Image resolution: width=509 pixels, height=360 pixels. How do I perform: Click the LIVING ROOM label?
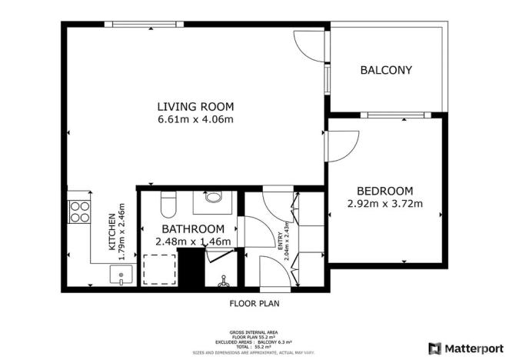tap(195, 106)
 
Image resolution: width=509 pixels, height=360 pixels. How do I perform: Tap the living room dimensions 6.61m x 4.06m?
tap(195, 119)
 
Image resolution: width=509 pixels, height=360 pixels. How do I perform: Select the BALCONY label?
tap(386, 70)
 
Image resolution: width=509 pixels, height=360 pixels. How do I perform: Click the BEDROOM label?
tap(384, 191)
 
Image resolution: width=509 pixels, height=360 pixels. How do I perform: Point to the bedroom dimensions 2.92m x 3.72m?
tap(384, 204)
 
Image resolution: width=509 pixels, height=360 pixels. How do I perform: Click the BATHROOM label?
tap(193, 228)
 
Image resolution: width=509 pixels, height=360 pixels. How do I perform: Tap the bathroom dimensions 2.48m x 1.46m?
tap(193, 242)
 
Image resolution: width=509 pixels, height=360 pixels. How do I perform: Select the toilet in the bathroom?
tap(169, 204)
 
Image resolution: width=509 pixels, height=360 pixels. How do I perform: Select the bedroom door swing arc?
tap(343, 146)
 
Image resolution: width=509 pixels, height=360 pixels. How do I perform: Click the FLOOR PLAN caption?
tap(254, 303)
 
